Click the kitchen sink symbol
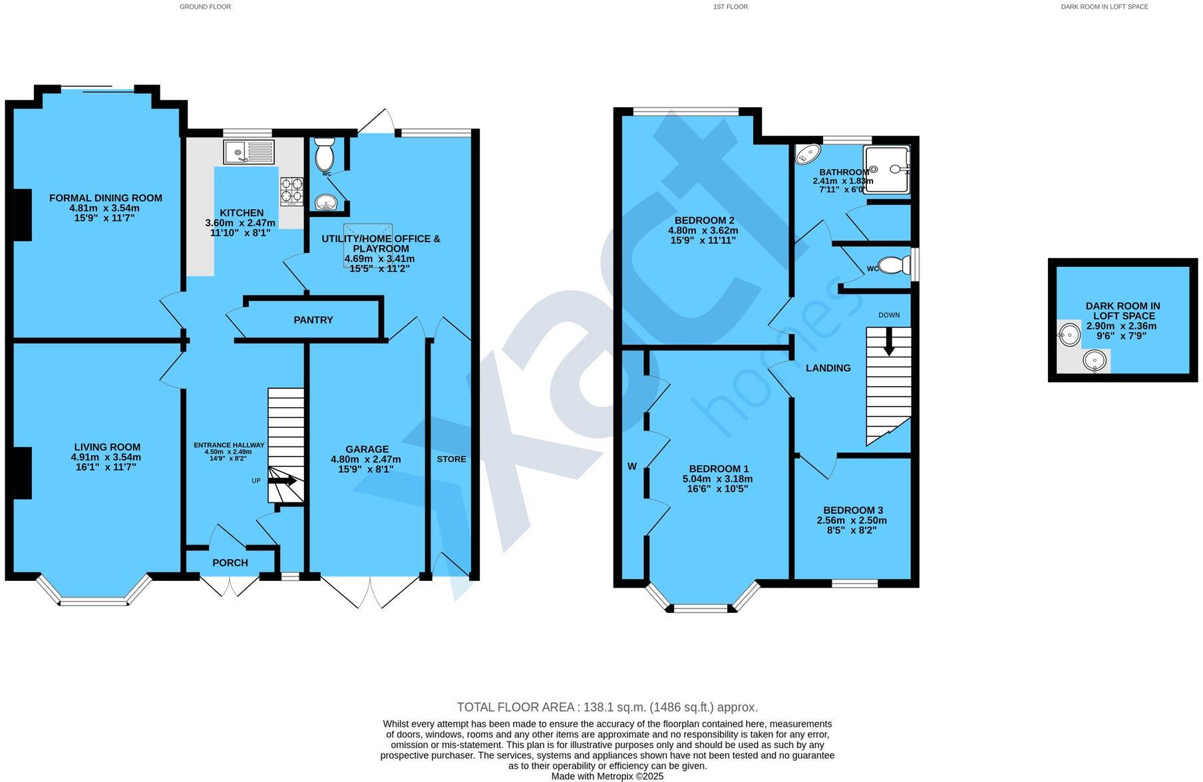coord(249,152)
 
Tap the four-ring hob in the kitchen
coord(291,191)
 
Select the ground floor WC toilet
coord(325,155)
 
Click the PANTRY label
coord(313,320)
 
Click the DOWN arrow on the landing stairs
coord(888,343)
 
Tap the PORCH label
coord(230,563)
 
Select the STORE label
coord(451,459)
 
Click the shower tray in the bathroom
coord(886,170)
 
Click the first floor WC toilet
coord(895,266)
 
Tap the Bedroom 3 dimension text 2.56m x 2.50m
coord(852,520)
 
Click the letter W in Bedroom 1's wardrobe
coord(632,467)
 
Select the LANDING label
coord(828,368)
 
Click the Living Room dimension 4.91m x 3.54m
coord(106,457)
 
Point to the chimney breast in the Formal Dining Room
coord(23,214)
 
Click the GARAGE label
coord(367,449)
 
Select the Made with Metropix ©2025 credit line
coord(607,776)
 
